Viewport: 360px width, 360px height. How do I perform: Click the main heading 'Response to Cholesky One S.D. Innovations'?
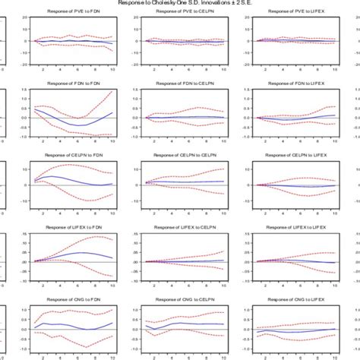tap(180, 3)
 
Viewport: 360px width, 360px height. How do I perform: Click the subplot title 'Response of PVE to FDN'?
tap(72, 13)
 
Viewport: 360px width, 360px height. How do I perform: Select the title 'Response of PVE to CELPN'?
tap(181, 13)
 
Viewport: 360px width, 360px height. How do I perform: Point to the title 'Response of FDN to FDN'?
tap(72, 84)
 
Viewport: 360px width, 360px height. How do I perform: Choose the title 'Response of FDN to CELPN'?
tap(181, 84)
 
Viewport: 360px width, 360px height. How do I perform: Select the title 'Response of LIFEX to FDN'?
tap(72, 226)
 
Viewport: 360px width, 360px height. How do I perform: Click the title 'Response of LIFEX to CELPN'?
tap(181, 226)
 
